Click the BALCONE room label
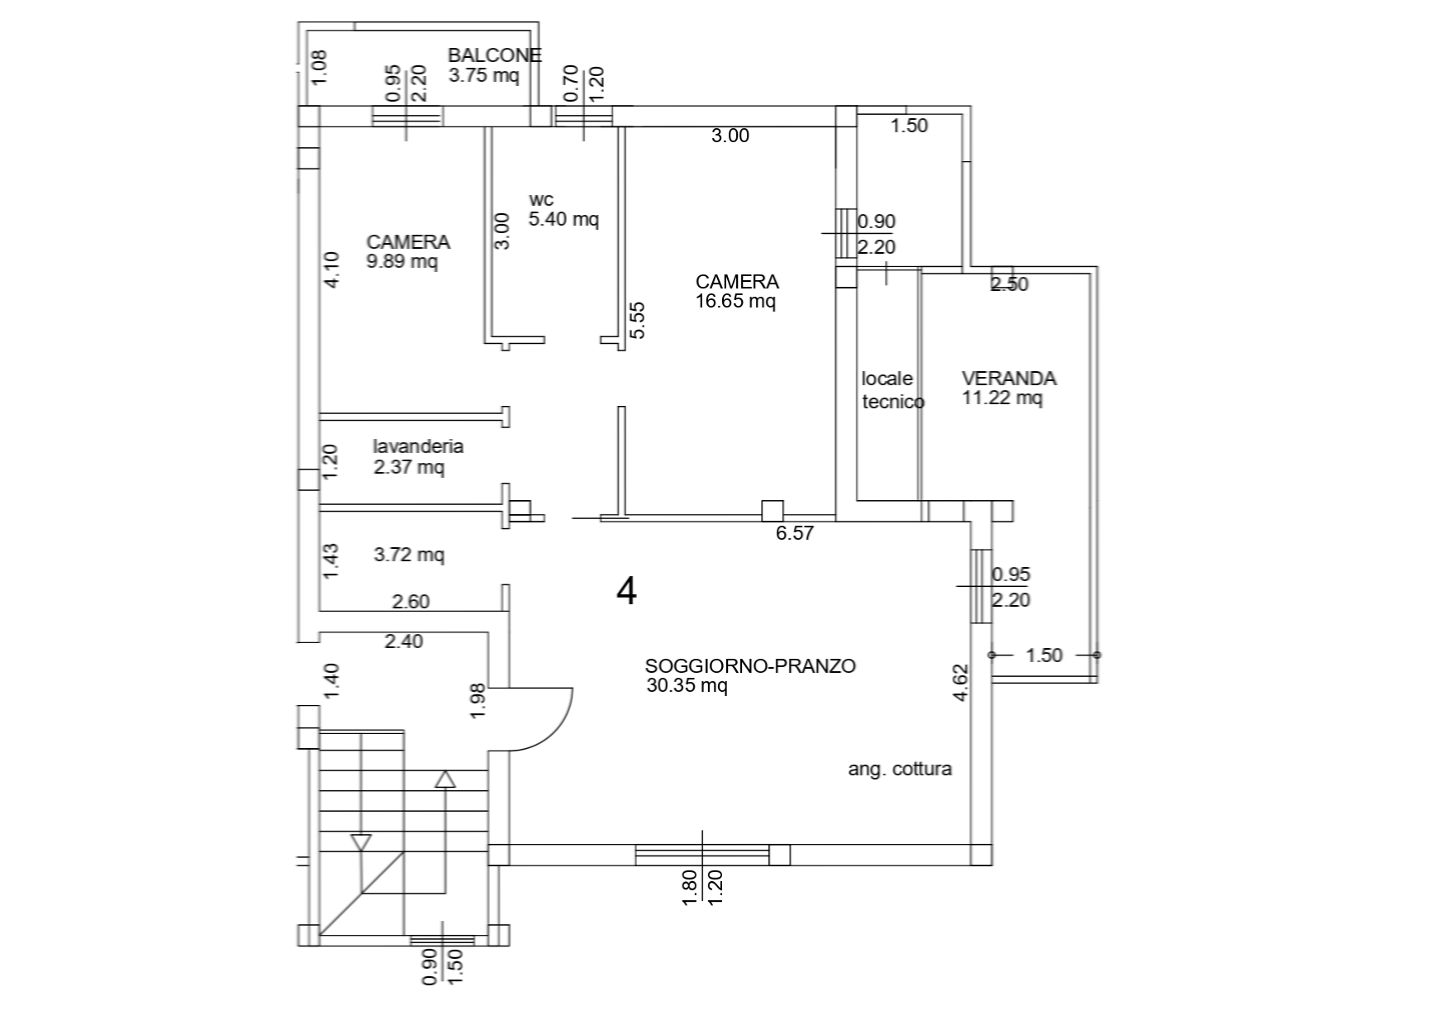[x=494, y=55]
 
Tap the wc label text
[x=541, y=199]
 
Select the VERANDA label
[x=1009, y=379]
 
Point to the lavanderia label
[x=418, y=446]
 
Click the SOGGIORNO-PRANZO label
[x=749, y=665]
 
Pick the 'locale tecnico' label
[x=891, y=390]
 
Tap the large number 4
[x=627, y=592]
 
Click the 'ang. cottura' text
[x=900, y=770]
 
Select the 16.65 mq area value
[x=735, y=302]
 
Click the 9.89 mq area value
[x=402, y=262]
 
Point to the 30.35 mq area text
[x=687, y=685]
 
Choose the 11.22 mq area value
[x=1002, y=398]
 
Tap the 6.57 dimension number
[x=794, y=533]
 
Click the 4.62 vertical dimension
[x=960, y=683]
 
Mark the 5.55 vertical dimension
[x=637, y=320]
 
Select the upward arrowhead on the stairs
[x=445, y=779]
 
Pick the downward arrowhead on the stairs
[x=361, y=842]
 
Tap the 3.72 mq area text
[x=409, y=555]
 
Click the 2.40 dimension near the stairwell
[x=404, y=641]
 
